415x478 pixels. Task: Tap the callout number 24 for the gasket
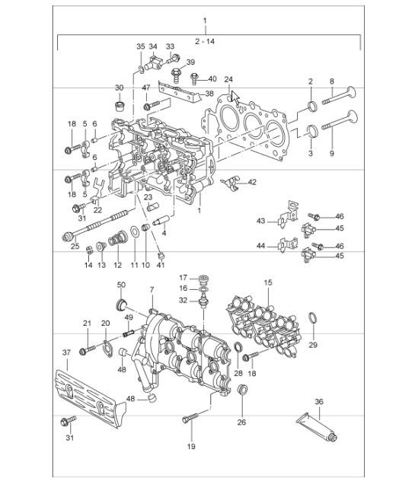click(228, 78)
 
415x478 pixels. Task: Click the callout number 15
click(267, 282)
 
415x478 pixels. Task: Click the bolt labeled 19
click(191, 419)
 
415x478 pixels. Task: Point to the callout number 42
click(252, 182)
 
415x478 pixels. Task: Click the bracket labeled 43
click(285, 217)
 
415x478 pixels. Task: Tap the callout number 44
click(260, 247)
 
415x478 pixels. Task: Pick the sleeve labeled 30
click(120, 104)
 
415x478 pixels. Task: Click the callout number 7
click(152, 291)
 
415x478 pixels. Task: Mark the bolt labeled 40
click(196, 76)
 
